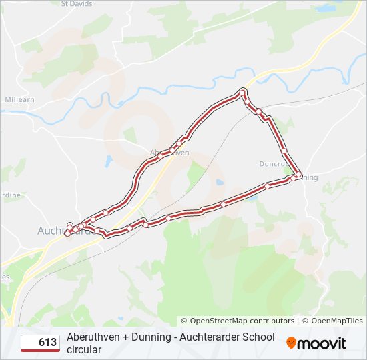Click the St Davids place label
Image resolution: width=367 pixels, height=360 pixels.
[x=76, y=3]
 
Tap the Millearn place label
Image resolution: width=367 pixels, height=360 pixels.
[x=19, y=99]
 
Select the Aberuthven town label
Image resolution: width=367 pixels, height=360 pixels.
[x=169, y=153]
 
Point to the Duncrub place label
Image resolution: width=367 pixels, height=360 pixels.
[x=274, y=163]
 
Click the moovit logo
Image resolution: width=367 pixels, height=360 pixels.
[x=316, y=343]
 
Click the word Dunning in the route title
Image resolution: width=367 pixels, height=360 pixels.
[x=151, y=337]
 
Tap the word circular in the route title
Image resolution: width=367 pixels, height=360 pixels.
[x=84, y=349]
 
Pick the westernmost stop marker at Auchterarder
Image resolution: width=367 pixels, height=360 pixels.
[x=67, y=233]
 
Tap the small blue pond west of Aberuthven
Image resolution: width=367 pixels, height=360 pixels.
[x=109, y=161]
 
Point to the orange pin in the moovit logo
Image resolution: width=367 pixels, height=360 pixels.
[x=291, y=343]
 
